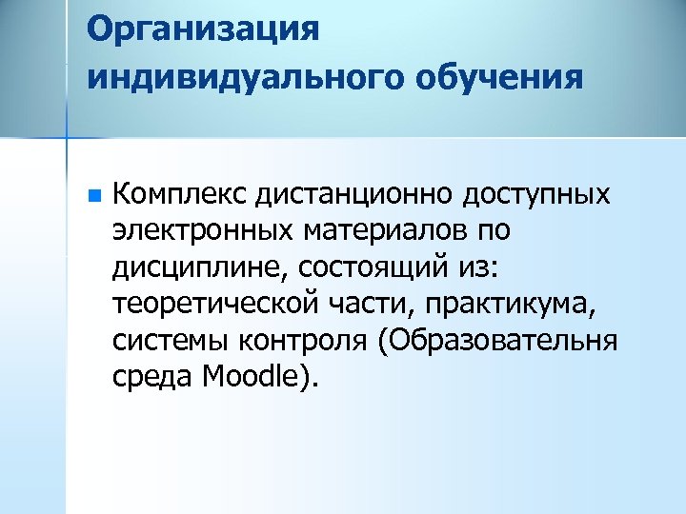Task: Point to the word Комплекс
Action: click(x=168, y=195)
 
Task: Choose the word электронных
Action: click(x=201, y=231)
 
